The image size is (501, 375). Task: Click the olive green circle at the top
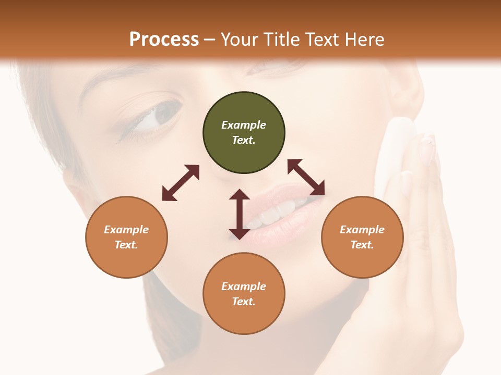coord(244,132)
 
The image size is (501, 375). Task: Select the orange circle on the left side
coord(126,237)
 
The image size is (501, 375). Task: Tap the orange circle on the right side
coord(362,237)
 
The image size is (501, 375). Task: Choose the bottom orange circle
coord(244,293)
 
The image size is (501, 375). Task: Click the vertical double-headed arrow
coord(240,214)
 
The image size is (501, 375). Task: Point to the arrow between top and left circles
coord(181,182)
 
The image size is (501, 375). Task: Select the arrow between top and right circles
coord(306,177)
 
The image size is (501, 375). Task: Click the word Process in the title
coord(164,39)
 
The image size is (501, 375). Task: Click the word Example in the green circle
coord(244,125)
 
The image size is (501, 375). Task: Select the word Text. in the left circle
coord(126,245)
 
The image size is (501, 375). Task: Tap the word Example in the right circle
coord(362,230)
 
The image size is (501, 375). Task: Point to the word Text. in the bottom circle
coord(244,302)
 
